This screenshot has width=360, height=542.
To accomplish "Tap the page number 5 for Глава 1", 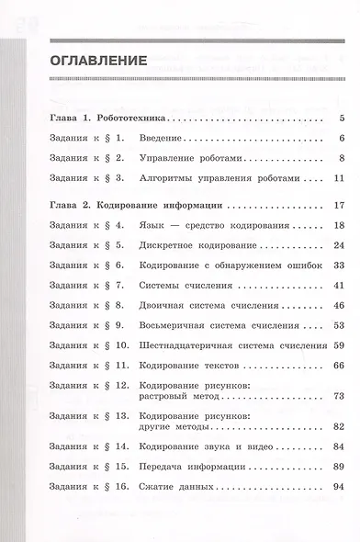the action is click(341, 119).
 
